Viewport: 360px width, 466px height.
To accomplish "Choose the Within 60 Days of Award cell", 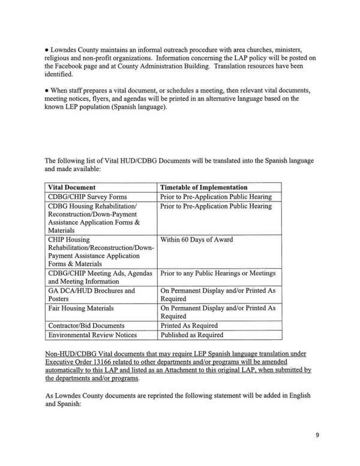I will point(196,240).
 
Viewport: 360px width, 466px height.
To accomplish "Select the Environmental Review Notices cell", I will point(92,335).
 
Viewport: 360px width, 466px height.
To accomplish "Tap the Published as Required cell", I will point(191,335).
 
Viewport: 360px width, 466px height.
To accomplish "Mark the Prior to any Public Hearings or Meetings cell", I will point(217,273).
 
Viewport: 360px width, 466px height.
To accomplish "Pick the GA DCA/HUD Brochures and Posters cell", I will point(91,294).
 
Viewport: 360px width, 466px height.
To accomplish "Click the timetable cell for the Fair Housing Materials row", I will point(217,312).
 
